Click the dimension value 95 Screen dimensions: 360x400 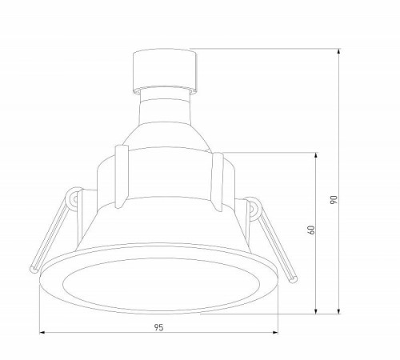pos(158,326)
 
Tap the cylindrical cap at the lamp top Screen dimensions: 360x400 pos(164,66)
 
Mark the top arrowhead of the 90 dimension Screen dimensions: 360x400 pos(340,55)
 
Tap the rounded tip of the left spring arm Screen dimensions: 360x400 pos(32,268)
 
